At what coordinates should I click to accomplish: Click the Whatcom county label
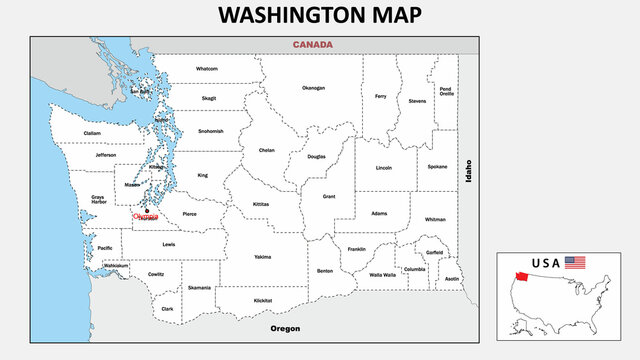207,69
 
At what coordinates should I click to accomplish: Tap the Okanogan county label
313,88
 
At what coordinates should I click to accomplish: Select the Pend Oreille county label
446,91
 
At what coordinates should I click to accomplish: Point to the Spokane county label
437,166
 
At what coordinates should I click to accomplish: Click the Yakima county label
262,257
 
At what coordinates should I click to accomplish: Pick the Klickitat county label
263,300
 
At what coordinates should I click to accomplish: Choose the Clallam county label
92,133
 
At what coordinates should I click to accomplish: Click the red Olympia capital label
145,216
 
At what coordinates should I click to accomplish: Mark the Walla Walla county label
382,275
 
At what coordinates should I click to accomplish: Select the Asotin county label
452,279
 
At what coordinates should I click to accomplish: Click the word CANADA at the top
312,45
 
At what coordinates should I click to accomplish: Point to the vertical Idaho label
467,171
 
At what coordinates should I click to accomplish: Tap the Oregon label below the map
285,328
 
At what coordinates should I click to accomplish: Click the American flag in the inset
575,263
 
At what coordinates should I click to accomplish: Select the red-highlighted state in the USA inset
521,277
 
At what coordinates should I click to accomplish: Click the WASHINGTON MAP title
319,15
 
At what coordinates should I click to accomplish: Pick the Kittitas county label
261,203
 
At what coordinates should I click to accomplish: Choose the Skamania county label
199,288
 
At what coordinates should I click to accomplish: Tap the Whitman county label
435,219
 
